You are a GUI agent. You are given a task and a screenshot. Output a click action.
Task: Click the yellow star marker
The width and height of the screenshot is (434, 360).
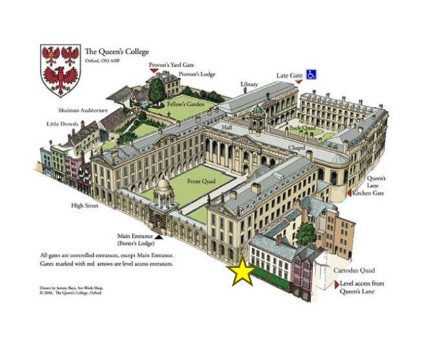tap(242, 273)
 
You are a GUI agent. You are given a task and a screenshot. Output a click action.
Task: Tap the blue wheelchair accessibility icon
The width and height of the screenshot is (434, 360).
tap(312, 75)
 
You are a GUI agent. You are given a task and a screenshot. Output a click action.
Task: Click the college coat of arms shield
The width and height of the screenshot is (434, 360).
tap(60, 70)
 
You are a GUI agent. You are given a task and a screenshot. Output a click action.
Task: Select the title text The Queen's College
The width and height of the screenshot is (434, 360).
tap(116, 52)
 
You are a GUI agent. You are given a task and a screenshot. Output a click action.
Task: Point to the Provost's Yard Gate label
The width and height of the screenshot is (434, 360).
tap(171, 65)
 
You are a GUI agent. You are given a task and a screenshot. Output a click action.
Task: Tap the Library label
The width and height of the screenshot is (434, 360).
tap(248, 84)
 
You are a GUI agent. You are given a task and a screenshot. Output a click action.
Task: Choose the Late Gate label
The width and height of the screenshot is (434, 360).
tap(289, 76)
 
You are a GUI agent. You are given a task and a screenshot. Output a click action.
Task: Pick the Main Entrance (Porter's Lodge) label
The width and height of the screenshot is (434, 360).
tap(135, 238)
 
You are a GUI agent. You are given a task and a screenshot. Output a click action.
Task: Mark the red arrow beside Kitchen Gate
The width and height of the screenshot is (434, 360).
tap(351, 192)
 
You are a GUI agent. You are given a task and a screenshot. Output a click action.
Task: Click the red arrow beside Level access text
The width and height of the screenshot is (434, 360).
tap(336, 284)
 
